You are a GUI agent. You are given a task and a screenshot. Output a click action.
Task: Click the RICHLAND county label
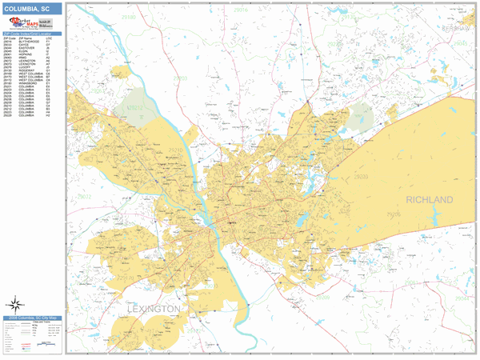click(x=429, y=199)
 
